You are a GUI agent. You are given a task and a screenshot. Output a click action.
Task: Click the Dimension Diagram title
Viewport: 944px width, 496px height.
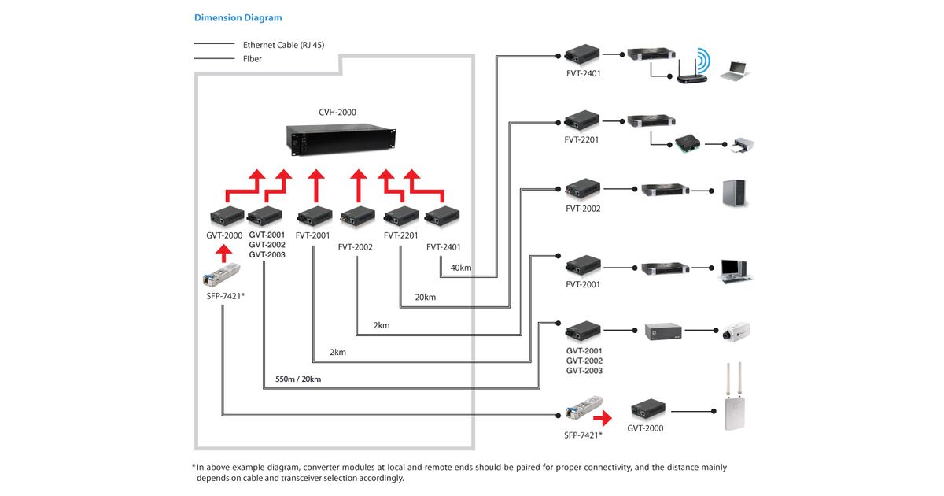click(x=238, y=17)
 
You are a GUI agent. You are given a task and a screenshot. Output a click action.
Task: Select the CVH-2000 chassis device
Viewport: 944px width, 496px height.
click(x=341, y=140)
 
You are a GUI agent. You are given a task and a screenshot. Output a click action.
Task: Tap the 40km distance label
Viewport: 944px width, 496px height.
click(x=461, y=268)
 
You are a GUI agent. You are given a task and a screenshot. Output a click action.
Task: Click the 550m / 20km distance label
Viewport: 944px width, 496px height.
click(x=298, y=379)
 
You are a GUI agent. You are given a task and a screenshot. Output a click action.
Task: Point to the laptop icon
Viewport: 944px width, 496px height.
click(x=735, y=71)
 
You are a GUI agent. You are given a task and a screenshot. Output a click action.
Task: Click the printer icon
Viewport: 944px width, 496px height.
click(x=742, y=145)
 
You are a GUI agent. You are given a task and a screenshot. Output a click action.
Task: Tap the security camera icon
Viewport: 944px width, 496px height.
click(x=736, y=331)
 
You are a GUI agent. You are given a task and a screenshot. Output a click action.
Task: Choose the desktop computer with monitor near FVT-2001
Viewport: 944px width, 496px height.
click(x=735, y=271)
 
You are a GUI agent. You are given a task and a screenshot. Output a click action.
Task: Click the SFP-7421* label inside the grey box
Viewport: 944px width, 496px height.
click(x=226, y=296)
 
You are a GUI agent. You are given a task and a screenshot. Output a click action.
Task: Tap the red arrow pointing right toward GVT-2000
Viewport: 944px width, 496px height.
click(x=603, y=418)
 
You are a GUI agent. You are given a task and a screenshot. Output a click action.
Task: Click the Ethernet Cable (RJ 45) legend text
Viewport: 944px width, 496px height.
click(x=284, y=45)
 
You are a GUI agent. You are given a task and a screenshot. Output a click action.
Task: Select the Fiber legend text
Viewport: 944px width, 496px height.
click(x=252, y=59)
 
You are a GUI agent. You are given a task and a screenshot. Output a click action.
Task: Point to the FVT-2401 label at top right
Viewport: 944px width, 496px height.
click(x=583, y=73)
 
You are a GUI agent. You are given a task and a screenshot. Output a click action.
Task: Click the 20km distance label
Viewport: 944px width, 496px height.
click(x=426, y=298)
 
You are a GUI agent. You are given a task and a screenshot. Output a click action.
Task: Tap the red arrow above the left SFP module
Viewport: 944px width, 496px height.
click(x=223, y=254)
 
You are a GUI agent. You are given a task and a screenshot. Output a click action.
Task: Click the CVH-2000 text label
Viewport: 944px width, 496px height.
click(x=337, y=112)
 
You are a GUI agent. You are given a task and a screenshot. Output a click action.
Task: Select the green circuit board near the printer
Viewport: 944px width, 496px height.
click(x=688, y=143)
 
